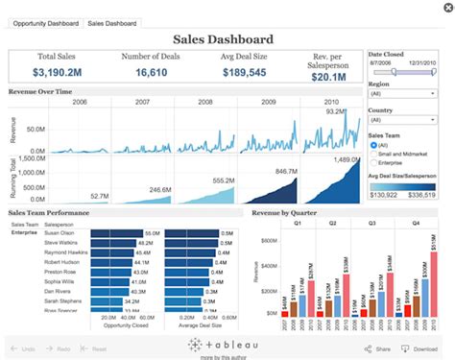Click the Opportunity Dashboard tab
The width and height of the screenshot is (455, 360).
coord(44,22)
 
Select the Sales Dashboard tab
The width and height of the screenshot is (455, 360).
coord(112,22)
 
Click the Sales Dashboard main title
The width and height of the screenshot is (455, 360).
coord(223,39)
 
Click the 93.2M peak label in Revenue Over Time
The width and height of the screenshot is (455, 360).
coord(334,111)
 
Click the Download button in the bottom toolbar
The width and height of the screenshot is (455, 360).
coord(423,348)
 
